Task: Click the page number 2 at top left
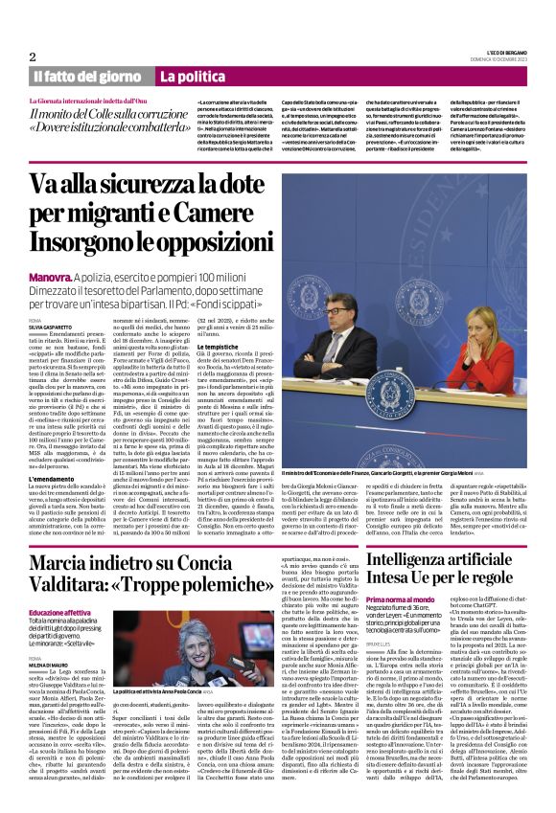[33, 56]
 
